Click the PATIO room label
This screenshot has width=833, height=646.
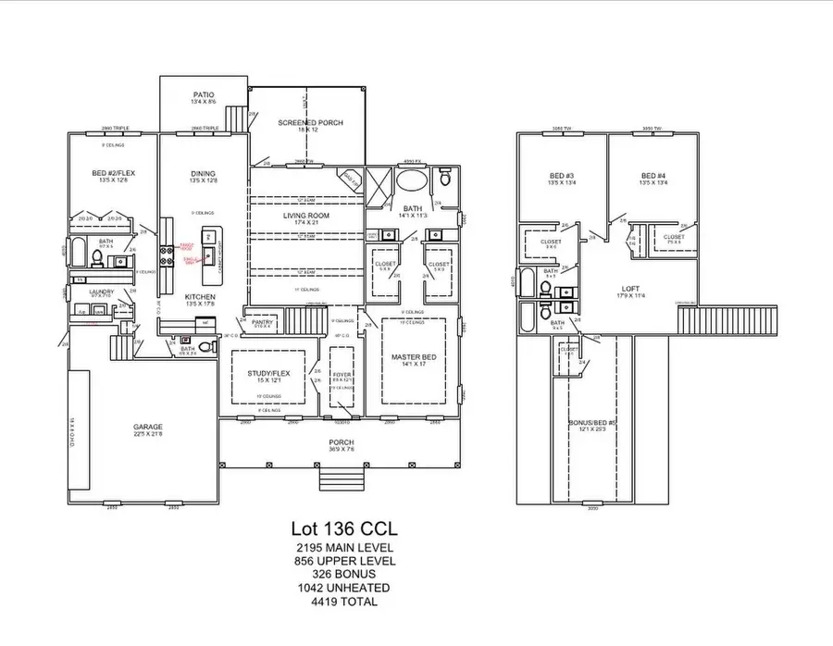pyautogui.click(x=204, y=94)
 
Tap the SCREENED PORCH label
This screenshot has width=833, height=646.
pyautogui.click(x=311, y=122)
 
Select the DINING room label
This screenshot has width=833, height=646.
pyautogui.click(x=203, y=173)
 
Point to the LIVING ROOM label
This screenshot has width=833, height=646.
pyautogui.click(x=306, y=216)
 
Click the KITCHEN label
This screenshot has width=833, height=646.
pyautogui.click(x=201, y=297)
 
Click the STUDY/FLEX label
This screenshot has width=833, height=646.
pyautogui.click(x=268, y=373)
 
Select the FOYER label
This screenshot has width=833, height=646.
pyautogui.click(x=341, y=374)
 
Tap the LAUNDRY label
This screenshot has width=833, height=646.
pyautogui.click(x=102, y=292)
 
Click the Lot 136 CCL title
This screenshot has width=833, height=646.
pyautogui.click(x=342, y=529)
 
